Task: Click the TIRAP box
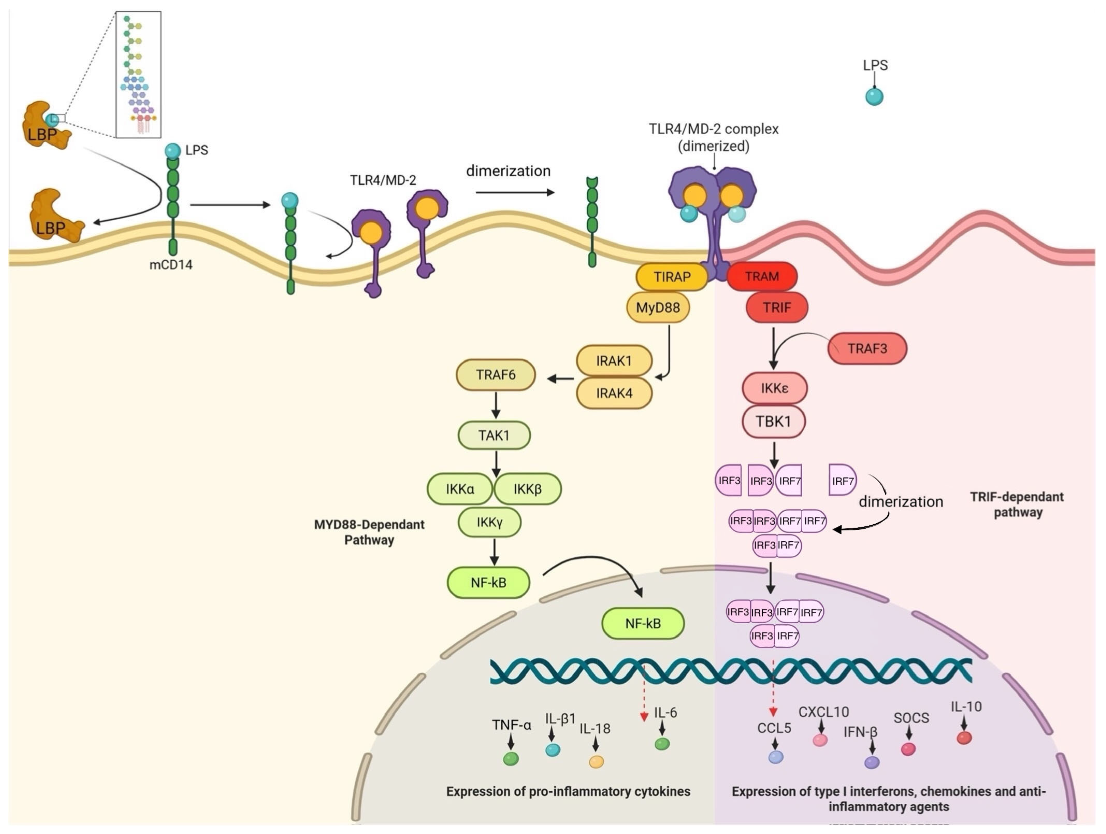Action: pyautogui.click(x=671, y=277)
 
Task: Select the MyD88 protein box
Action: pyautogui.click(x=658, y=307)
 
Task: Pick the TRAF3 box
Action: pyautogui.click(x=867, y=348)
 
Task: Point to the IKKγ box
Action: pyautogui.click(x=490, y=522)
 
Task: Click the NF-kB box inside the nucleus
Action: pyautogui.click(x=642, y=623)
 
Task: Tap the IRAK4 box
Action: pyautogui.click(x=614, y=393)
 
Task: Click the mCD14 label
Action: pyautogui.click(x=171, y=265)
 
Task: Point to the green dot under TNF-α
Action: pyautogui.click(x=510, y=759)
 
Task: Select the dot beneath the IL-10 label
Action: pyautogui.click(x=964, y=738)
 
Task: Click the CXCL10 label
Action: pyautogui.click(x=823, y=711)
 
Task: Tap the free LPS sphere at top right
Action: pyautogui.click(x=874, y=96)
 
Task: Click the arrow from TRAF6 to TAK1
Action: pyautogui.click(x=496, y=405)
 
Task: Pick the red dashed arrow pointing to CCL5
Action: pyautogui.click(x=773, y=688)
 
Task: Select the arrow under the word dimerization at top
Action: pyautogui.click(x=515, y=192)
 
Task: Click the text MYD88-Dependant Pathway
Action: pyautogui.click(x=369, y=532)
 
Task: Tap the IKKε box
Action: pyautogui.click(x=774, y=388)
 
